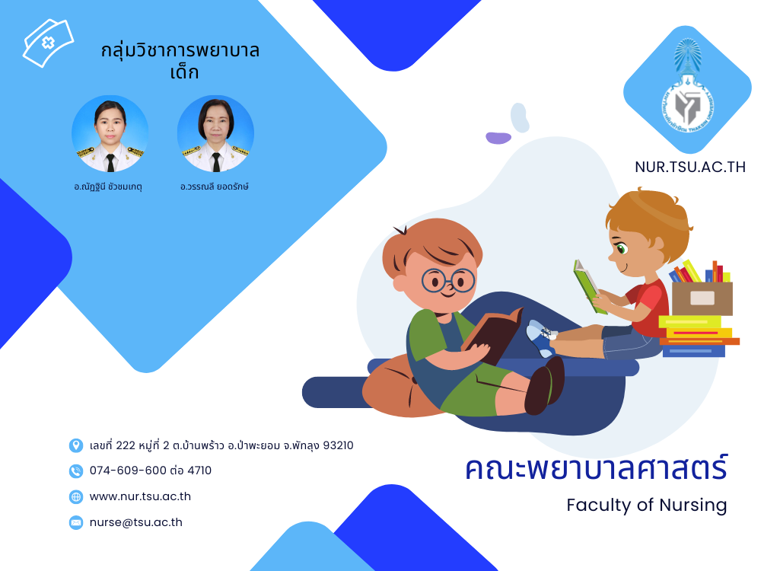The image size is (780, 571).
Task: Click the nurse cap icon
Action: click(48, 43)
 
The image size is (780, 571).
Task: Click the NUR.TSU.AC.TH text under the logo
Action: click(690, 167)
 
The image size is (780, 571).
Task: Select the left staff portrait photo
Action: click(110, 133)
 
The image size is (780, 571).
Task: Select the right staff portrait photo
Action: click(215, 133)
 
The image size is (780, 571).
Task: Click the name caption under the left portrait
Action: click(109, 187)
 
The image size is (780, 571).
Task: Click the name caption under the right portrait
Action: click(215, 187)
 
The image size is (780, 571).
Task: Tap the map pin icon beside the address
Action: click(75, 445)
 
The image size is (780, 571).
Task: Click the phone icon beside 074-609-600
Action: click(75, 471)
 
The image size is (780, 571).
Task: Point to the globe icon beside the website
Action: click(75, 497)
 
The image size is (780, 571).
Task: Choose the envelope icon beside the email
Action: click(75, 523)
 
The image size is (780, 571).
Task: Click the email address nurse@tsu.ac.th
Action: click(135, 522)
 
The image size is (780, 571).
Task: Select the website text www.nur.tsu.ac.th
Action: click(140, 496)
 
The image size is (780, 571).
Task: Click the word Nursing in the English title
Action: click(693, 506)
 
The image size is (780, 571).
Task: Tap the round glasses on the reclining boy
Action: click(448, 281)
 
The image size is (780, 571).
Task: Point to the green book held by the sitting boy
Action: click(590, 287)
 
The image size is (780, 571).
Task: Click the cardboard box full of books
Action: click(702, 297)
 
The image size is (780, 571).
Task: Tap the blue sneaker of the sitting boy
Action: click(541, 337)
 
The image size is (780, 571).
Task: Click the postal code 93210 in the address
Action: click(339, 445)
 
